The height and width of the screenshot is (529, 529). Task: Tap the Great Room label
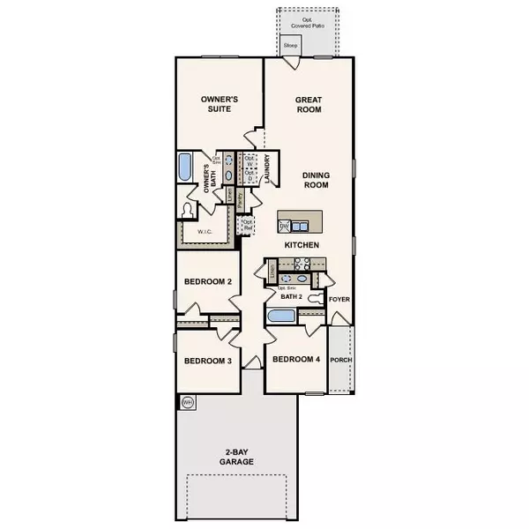pyautogui.click(x=308, y=105)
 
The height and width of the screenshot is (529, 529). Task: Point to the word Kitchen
pyautogui.click(x=301, y=244)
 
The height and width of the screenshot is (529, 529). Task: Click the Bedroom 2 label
pyautogui.click(x=206, y=282)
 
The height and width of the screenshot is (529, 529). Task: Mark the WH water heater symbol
pyautogui.click(x=187, y=402)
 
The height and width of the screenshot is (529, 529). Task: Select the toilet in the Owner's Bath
pyautogui.click(x=186, y=210)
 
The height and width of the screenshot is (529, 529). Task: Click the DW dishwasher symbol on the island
pyautogui.click(x=285, y=226)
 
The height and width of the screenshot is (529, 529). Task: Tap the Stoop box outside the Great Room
pyautogui.click(x=290, y=44)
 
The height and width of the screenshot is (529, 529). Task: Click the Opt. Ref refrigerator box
pyautogui.click(x=248, y=224)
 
